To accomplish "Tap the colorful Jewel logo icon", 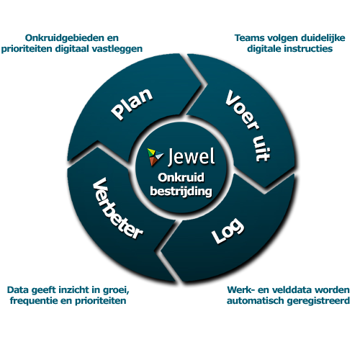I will tap(155, 156).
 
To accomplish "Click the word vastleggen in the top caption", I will tap(117, 48).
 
